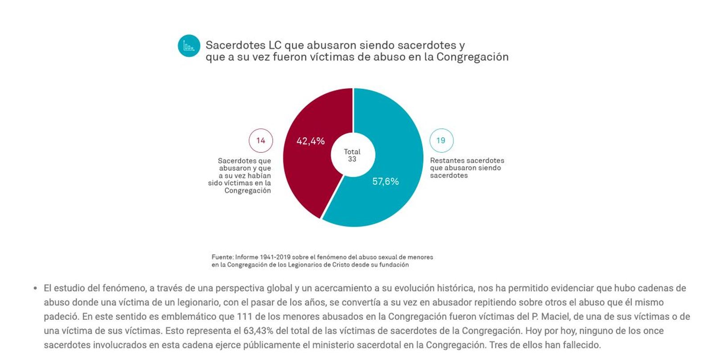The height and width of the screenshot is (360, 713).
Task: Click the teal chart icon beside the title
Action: point(188,46)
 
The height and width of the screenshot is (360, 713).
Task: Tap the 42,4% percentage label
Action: point(311,141)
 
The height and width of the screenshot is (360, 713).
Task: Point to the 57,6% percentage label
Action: point(385,181)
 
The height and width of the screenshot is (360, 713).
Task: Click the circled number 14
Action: point(261,140)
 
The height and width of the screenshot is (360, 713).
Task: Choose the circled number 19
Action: point(441,140)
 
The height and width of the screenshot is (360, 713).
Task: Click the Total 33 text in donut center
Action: point(352,155)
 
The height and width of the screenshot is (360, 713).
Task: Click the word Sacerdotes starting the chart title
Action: point(235,45)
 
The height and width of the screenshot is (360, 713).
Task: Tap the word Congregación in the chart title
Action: point(472,57)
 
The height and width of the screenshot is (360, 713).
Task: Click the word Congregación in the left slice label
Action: point(247,191)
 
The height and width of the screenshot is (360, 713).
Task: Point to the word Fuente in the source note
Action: point(222,257)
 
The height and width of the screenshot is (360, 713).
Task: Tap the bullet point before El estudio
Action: point(35,289)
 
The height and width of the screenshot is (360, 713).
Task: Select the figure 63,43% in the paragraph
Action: point(258,331)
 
